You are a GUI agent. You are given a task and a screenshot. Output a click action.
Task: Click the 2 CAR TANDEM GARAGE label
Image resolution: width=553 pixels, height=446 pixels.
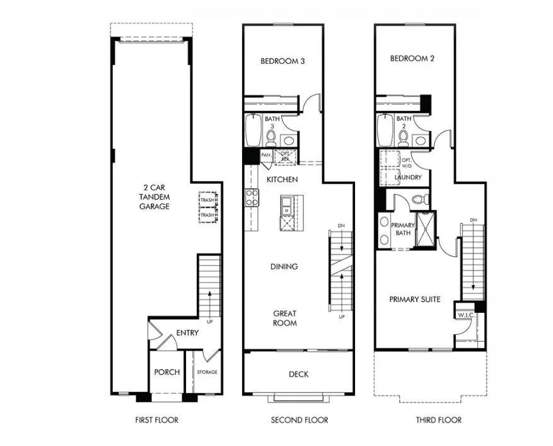[154, 197]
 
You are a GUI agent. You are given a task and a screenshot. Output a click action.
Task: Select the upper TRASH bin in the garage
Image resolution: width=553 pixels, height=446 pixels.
[207, 201]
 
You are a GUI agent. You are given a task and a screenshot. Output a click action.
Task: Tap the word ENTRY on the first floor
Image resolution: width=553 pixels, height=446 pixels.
[187, 332]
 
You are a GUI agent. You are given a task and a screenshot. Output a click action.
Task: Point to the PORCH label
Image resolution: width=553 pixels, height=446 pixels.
[166, 372]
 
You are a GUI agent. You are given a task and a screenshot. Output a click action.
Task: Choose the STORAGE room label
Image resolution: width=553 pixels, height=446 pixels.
[206, 372]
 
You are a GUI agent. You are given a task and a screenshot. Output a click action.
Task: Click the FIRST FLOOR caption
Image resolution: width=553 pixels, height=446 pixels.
[156, 420]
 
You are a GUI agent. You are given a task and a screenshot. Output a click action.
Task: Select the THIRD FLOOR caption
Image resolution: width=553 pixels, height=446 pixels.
[438, 420]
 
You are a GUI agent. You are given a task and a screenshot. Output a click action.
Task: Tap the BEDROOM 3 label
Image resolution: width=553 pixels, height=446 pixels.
[282, 61]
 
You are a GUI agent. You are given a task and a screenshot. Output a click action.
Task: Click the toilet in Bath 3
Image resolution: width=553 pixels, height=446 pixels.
[271, 136]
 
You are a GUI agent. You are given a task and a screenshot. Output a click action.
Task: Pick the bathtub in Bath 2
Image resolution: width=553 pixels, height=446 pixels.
[385, 131]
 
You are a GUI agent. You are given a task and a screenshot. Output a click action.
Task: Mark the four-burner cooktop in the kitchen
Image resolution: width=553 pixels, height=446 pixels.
[252, 198]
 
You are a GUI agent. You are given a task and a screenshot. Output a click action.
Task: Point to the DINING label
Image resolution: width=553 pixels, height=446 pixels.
[284, 266]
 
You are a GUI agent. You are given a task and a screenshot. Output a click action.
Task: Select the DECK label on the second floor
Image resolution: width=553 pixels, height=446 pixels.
[298, 374]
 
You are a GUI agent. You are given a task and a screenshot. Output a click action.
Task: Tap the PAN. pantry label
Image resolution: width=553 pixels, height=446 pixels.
[266, 155]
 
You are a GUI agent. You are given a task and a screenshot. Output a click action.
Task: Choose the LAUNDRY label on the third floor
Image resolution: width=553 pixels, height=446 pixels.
[408, 177]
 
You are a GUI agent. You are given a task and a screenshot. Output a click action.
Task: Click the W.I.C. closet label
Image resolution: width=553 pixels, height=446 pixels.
[466, 315]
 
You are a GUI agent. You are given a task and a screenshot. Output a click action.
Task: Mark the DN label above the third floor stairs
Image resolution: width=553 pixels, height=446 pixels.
[472, 220]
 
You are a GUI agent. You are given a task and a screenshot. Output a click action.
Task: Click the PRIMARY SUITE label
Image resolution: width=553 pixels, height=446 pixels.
[414, 299]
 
